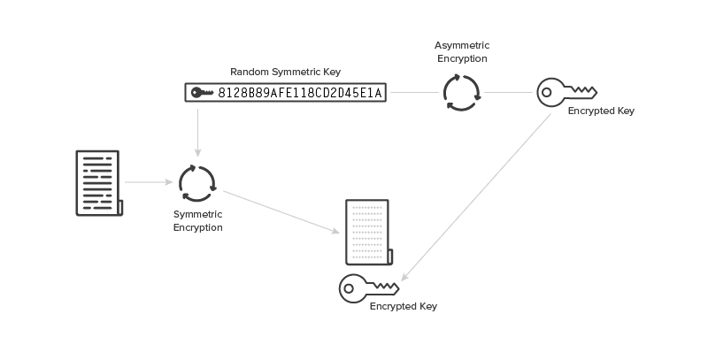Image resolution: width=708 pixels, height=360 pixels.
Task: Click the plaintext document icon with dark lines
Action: (x=98, y=182)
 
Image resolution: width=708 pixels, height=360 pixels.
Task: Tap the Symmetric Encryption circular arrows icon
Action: (x=196, y=183)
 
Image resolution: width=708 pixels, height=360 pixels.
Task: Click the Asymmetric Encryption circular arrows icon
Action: (x=461, y=92)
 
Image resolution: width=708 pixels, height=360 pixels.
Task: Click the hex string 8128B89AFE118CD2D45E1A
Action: (x=302, y=92)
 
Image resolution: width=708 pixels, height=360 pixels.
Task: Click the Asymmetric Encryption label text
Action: (x=461, y=50)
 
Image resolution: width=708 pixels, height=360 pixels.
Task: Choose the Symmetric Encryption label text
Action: (x=196, y=221)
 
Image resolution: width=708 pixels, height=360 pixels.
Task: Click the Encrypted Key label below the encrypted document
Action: (x=403, y=306)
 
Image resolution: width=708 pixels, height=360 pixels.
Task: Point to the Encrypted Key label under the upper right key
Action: (x=601, y=111)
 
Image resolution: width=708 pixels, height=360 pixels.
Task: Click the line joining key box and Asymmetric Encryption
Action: (x=415, y=92)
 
